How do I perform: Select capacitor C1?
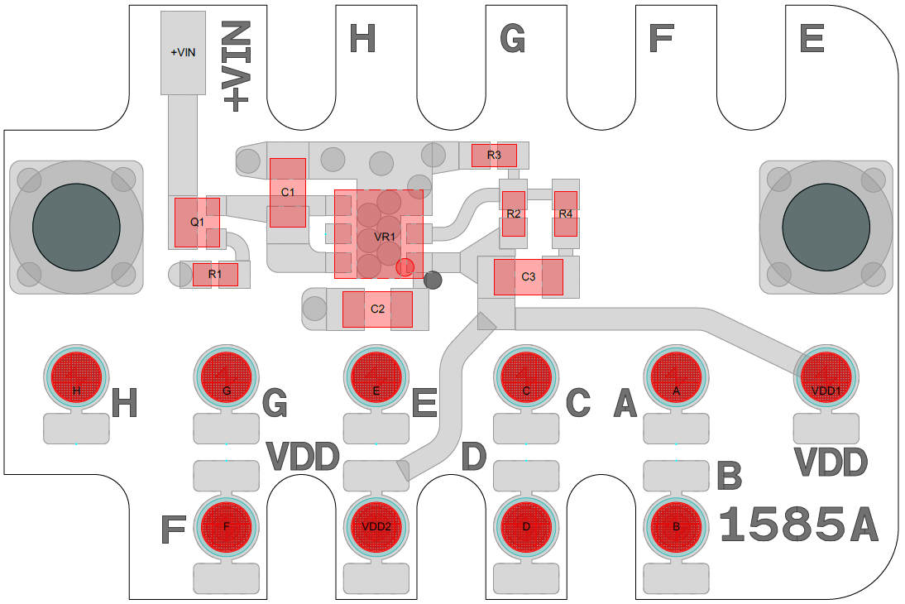click(x=288, y=193)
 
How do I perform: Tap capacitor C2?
click(x=378, y=309)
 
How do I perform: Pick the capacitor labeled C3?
click(x=529, y=277)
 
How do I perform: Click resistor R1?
click(x=215, y=274)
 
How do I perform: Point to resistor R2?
click(x=514, y=213)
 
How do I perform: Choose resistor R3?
click(x=494, y=155)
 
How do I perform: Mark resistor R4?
click(x=565, y=213)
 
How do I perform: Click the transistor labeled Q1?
click(x=197, y=223)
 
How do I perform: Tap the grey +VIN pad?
click(x=184, y=53)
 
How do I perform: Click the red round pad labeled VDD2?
click(x=376, y=526)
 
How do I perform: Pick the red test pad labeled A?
click(x=677, y=377)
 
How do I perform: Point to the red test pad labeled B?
click(x=677, y=526)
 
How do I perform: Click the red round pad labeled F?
click(x=227, y=526)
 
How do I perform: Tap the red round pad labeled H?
click(x=76, y=377)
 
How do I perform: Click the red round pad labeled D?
click(x=527, y=526)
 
